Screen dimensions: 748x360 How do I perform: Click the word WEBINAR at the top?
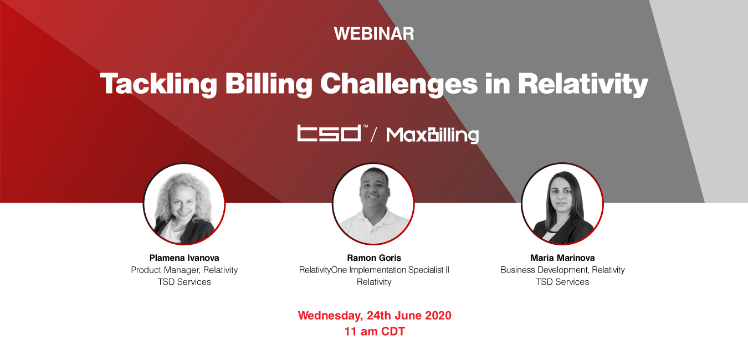(x=374, y=34)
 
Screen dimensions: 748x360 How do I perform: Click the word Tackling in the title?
(x=158, y=84)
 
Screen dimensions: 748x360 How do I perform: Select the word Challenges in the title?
(x=399, y=84)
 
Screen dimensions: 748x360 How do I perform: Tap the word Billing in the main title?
(x=269, y=84)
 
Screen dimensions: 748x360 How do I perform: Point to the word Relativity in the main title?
(x=583, y=84)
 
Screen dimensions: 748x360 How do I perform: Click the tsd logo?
(x=332, y=133)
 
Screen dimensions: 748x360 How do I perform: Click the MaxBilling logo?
(x=432, y=135)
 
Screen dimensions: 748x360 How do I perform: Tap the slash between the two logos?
(x=374, y=135)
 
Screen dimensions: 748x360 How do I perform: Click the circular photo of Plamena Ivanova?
(x=185, y=204)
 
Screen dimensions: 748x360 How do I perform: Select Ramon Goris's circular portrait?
(x=373, y=204)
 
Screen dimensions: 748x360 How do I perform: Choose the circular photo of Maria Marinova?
(x=562, y=204)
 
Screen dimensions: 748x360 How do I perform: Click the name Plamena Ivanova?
(x=185, y=258)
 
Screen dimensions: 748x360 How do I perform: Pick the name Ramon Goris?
(x=374, y=258)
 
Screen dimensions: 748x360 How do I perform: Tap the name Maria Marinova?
(x=563, y=258)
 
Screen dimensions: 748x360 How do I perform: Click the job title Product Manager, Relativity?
(x=185, y=270)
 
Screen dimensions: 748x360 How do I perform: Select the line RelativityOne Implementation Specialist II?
(x=374, y=270)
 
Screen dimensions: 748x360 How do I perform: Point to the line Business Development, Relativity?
(x=563, y=270)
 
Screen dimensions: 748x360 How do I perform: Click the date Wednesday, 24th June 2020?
(x=375, y=315)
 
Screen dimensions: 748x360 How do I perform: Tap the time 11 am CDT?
(x=375, y=331)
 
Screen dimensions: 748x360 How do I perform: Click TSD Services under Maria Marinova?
(x=563, y=282)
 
